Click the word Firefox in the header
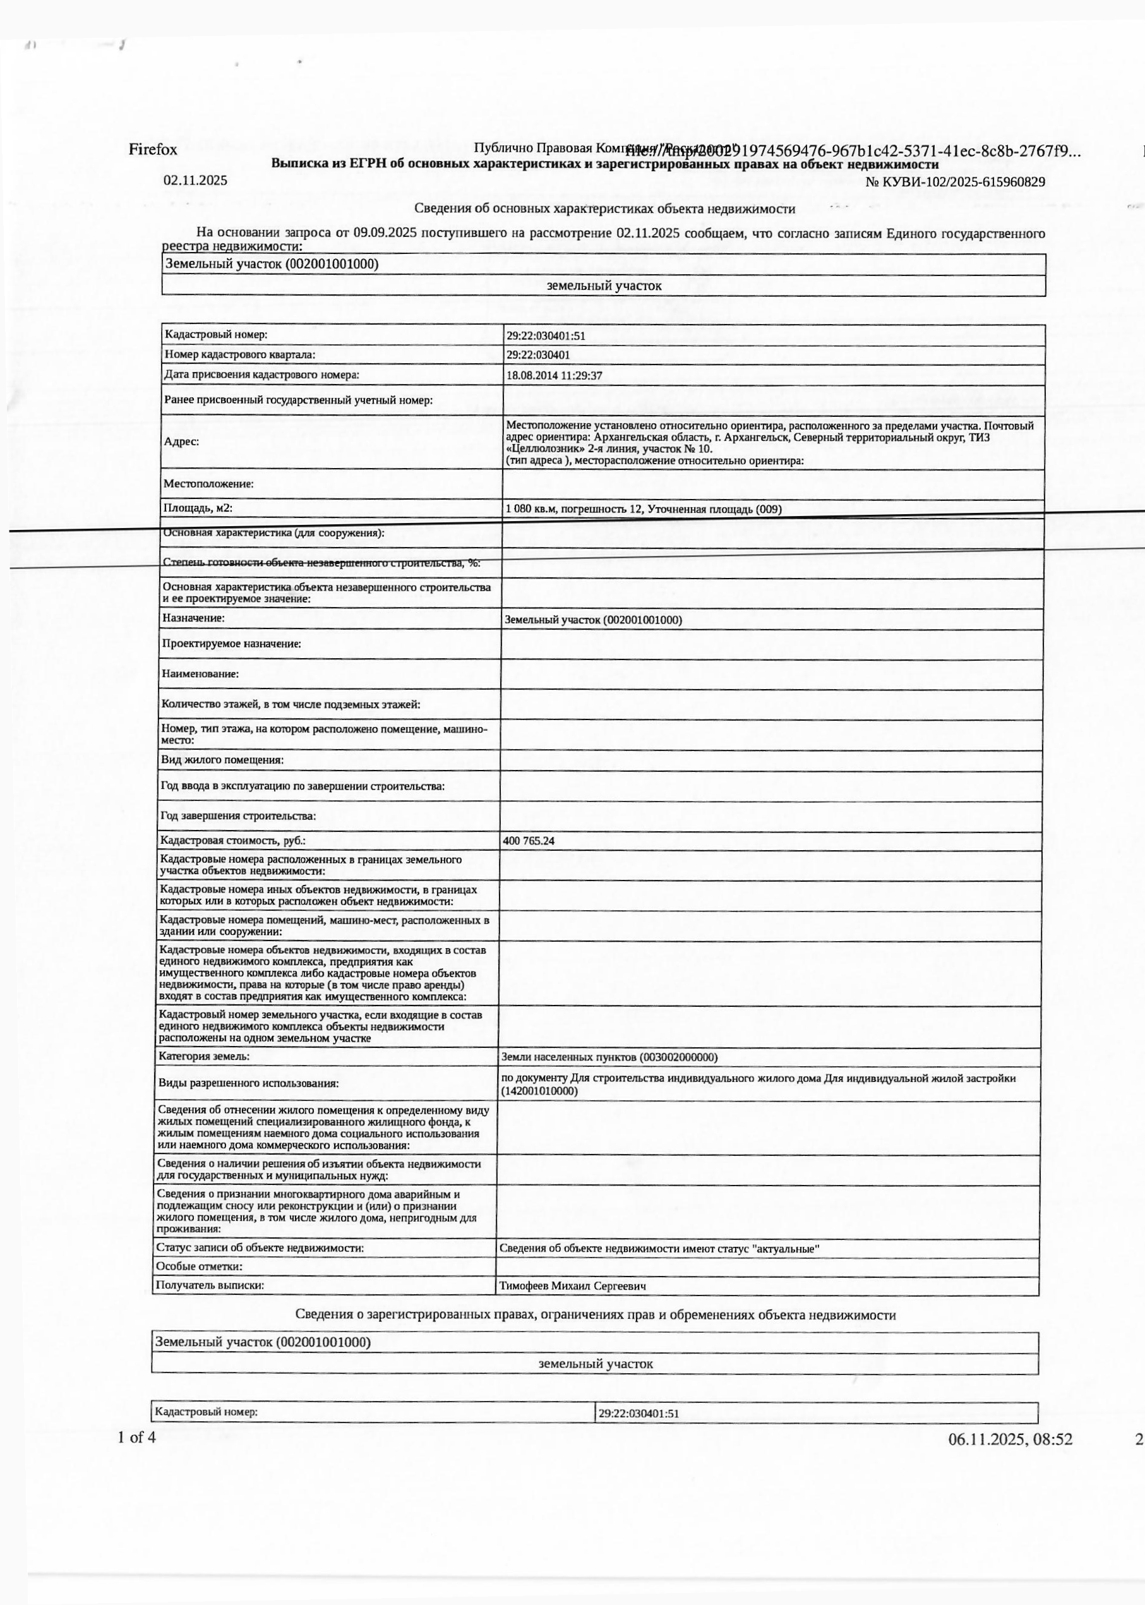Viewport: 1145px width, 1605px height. coord(153,150)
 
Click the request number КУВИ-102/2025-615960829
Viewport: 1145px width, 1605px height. coord(955,182)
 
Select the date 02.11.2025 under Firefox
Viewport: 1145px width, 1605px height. coord(195,181)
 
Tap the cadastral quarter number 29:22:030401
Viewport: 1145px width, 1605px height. coord(538,356)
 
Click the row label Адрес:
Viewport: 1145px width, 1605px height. coord(181,442)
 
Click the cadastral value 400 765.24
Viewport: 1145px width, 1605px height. coord(529,841)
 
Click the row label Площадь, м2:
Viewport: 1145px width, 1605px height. coord(198,508)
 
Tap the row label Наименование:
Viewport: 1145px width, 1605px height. coord(200,673)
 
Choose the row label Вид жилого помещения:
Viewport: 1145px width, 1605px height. coord(222,760)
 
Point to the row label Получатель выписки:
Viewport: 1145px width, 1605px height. coord(210,1285)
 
